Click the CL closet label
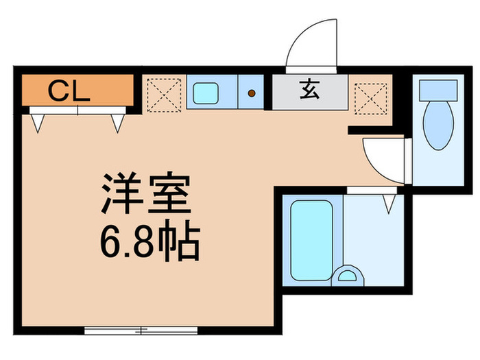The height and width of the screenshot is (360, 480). point(69,90)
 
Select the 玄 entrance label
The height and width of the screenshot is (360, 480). point(310,90)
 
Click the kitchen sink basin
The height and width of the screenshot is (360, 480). point(206,92)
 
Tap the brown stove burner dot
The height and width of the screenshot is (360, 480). point(251,93)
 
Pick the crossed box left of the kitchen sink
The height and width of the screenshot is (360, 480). point(163,93)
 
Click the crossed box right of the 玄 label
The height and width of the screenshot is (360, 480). point(370,93)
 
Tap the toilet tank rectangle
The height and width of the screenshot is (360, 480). point(438,88)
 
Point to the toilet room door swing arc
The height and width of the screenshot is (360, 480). point(382,158)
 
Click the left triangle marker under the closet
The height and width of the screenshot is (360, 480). point(38,122)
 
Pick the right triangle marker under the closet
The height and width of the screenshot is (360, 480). point(117,122)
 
